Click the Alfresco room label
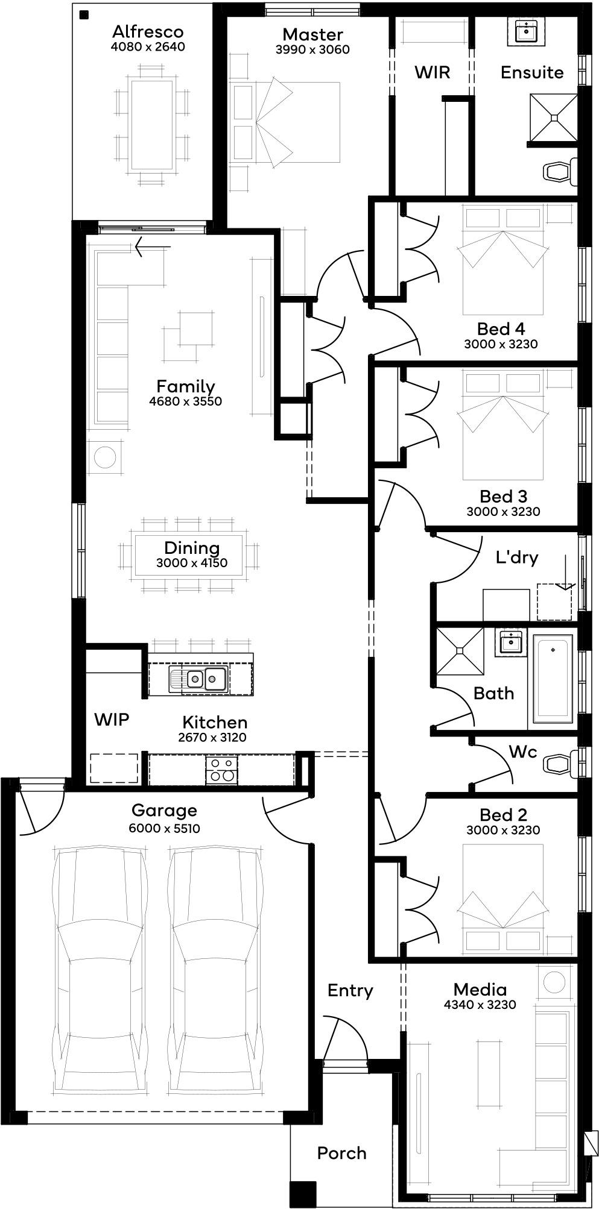pyautogui.click(x=148, y=32)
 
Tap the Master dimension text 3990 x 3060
pyautogui.click(x=312, y=50)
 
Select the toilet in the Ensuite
pyautogui.click(x=560, y=172)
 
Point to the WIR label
pyautogui.click(x=432, y=72)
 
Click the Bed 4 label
pyautogui.click(x=501, y=328)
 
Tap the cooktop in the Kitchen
pyautogui.click(x=221, y=770)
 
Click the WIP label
pyautogui.click(x=112, y=719)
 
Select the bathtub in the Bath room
pyautogui.click(x=553, y=678)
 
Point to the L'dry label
pyautogui.click(x=517, y=557)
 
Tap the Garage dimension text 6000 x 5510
pyautogui.click(x=164, y=829)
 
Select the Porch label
pyautogui.click(x=342, y=1153)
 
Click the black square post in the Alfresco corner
pyautogui.click(x=84, y=14)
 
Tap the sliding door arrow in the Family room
pyautogui.click(x=153, y=247)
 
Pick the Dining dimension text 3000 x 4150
pyautogui.click(x=191, y=564)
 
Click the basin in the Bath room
pyautogui.click(x=512, y=641)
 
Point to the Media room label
pyautogui.click(x=480, y=990)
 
